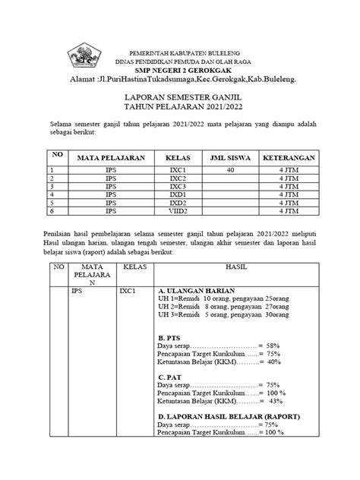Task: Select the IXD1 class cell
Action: [178, 194]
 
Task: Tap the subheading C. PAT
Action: [169, 376]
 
